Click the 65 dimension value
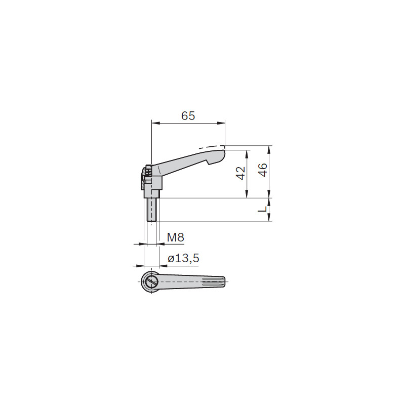point(188,116)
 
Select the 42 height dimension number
point(240,173)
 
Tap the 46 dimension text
point(263,170)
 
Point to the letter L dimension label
point(262,210)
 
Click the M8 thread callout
point(175,237)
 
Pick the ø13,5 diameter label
point(183,258)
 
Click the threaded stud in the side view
point(151,210)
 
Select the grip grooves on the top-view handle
point(213,281)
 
